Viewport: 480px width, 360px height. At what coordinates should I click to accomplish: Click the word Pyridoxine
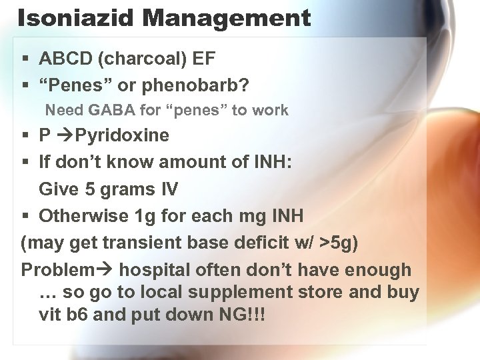pyautogui.click(x=122, y=136)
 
